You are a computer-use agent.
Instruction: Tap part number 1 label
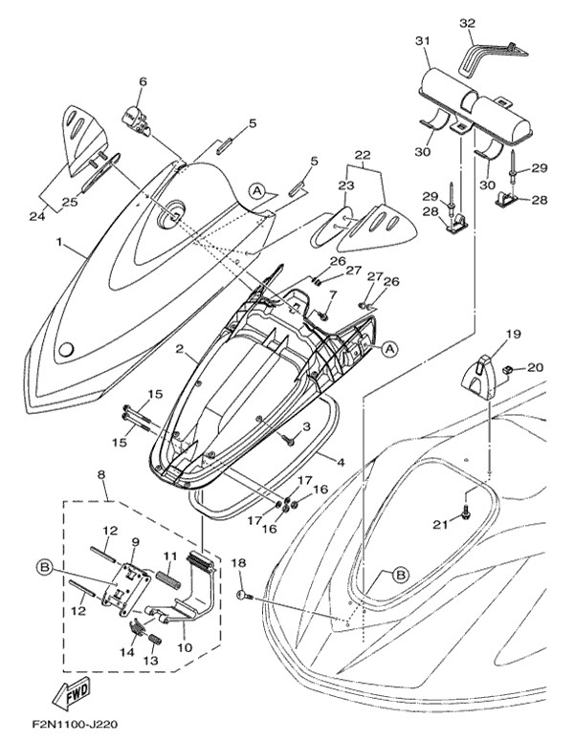pyautogui.click(x=60, y=244)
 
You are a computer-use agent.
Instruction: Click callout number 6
pyautogui.click(x=143, y=83)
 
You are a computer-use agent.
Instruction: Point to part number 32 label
pyautogui.click(x=467, y=22)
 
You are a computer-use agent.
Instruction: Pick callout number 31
pyautogui.click(x=423, y=40)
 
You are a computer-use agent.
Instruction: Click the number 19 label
pyautogui.click(x=513, y=335)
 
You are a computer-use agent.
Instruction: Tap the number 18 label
pyautogui.click(x=239, y=563)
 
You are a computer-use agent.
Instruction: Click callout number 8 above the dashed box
pyautogui.click(x=101, y=474)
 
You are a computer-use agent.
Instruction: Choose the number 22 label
pyautogui.click(x=363, y=155)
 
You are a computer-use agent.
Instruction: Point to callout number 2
pyautogui.click(x=179, y=350)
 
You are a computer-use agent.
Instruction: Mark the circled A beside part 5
pyautogui.click(x=256, y=190)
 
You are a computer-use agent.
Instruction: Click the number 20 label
pyautogui.click(x=535, y=365)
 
